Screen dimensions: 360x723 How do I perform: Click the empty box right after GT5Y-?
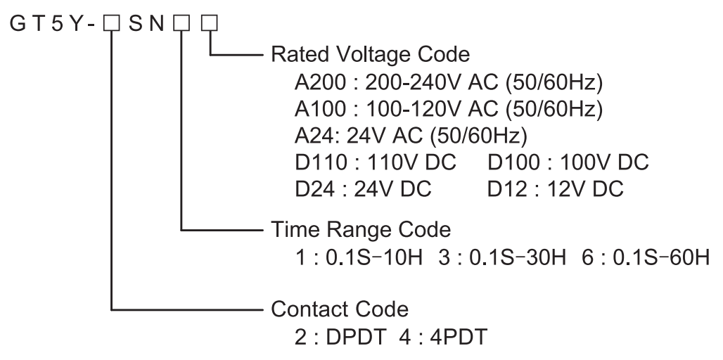(110, 25)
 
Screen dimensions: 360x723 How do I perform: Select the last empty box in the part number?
(210, 25)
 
